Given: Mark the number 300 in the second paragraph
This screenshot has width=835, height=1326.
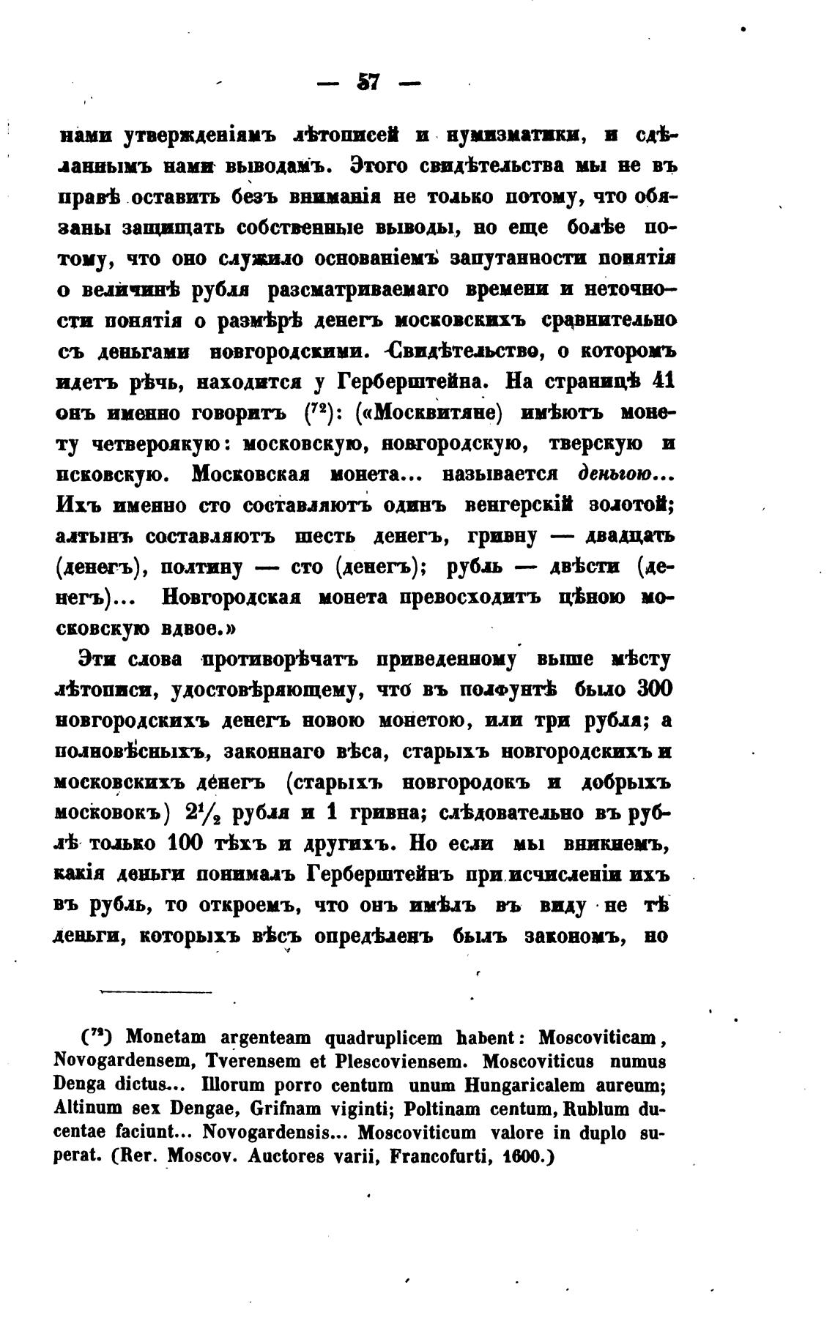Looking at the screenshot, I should [x=655, y=689].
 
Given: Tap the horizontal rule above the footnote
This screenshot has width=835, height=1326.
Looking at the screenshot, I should [x=155, y=992].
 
